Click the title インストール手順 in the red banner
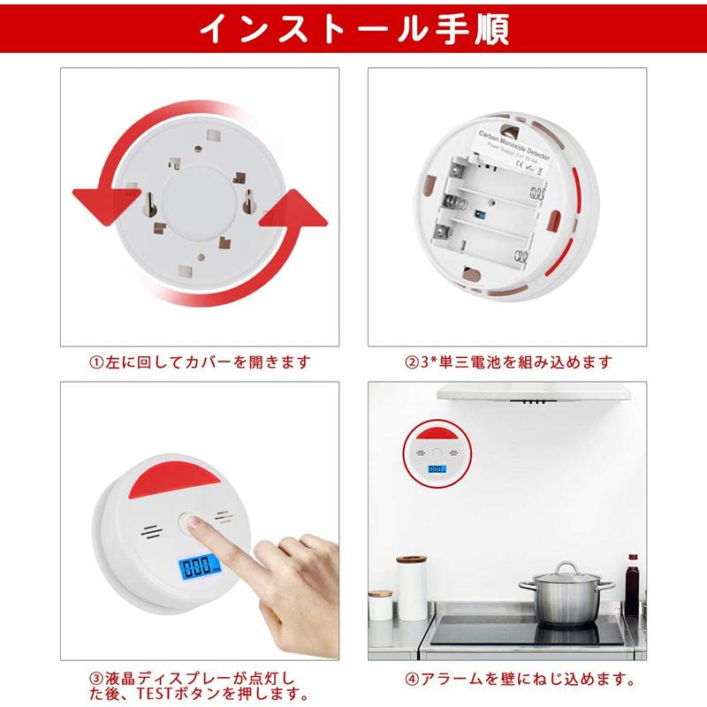[353, 29]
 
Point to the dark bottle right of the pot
[632, 583]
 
